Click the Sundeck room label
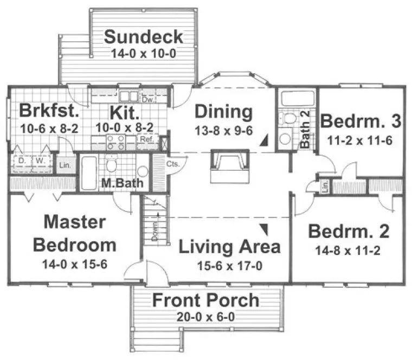(143, 37)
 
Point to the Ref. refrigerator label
(146, 139)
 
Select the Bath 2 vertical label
(305, 133)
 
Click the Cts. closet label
(173, 163)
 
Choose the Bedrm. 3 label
(360, 121)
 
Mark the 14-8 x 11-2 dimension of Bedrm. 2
(348, 251)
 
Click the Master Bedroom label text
(74, 233)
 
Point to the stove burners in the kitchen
(116, 142)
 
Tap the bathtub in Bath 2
(297, 99)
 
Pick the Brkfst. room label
(50, 111)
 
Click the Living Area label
(229, 247)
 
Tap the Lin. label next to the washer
(64, 165)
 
